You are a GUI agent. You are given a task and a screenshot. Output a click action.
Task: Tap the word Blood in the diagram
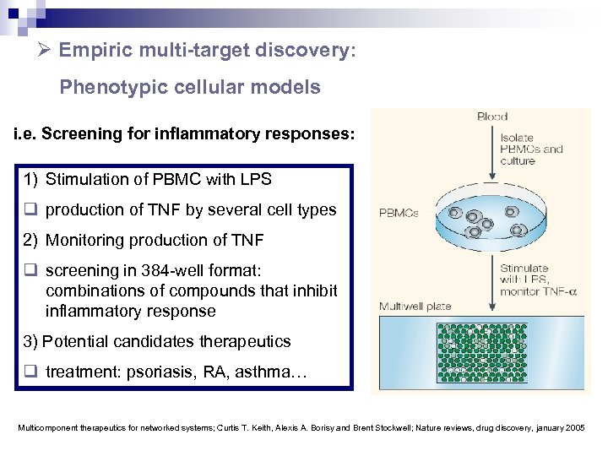tap(492, 117)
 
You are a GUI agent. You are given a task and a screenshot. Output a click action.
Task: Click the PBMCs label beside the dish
tap(399, 213)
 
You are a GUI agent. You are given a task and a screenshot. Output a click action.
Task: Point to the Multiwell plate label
tap(415, 306)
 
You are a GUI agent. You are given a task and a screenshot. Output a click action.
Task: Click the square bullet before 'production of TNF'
tap(30, 209)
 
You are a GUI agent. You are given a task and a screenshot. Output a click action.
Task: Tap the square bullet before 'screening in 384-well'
tap(30, 270)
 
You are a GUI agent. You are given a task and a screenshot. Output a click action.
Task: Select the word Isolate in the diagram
tap(517, 137)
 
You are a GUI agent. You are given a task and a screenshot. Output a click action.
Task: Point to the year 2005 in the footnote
tap(574, 428)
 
